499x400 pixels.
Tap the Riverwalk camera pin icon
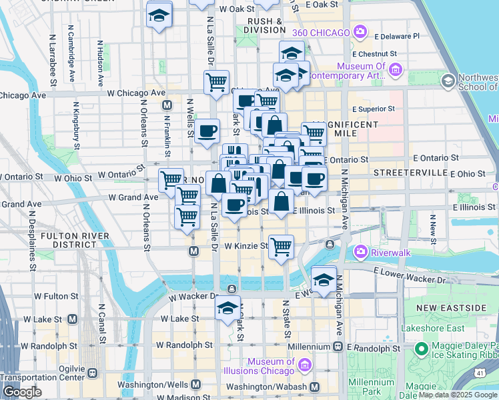click(x=361, y=251)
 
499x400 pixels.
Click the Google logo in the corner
click(x=21, y=392)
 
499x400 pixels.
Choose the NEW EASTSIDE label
click(x=452, y=307)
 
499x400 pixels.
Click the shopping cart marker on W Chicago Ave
click(x=216, y=82)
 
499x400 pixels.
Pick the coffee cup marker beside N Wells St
click(x=207, y=130)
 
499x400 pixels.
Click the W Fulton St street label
click(x=56, y=295)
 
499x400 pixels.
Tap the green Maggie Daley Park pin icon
click(x=421, y=349)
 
